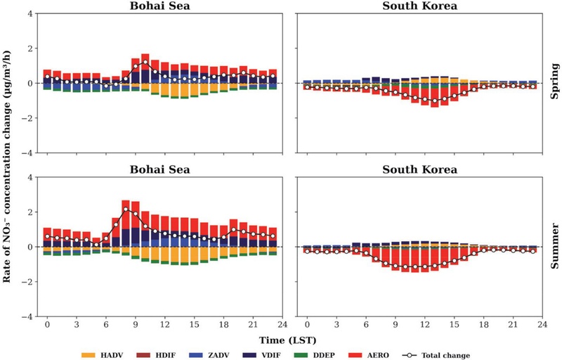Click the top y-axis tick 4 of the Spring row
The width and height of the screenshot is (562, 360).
30,14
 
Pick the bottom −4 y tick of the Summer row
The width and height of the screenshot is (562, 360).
28,316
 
